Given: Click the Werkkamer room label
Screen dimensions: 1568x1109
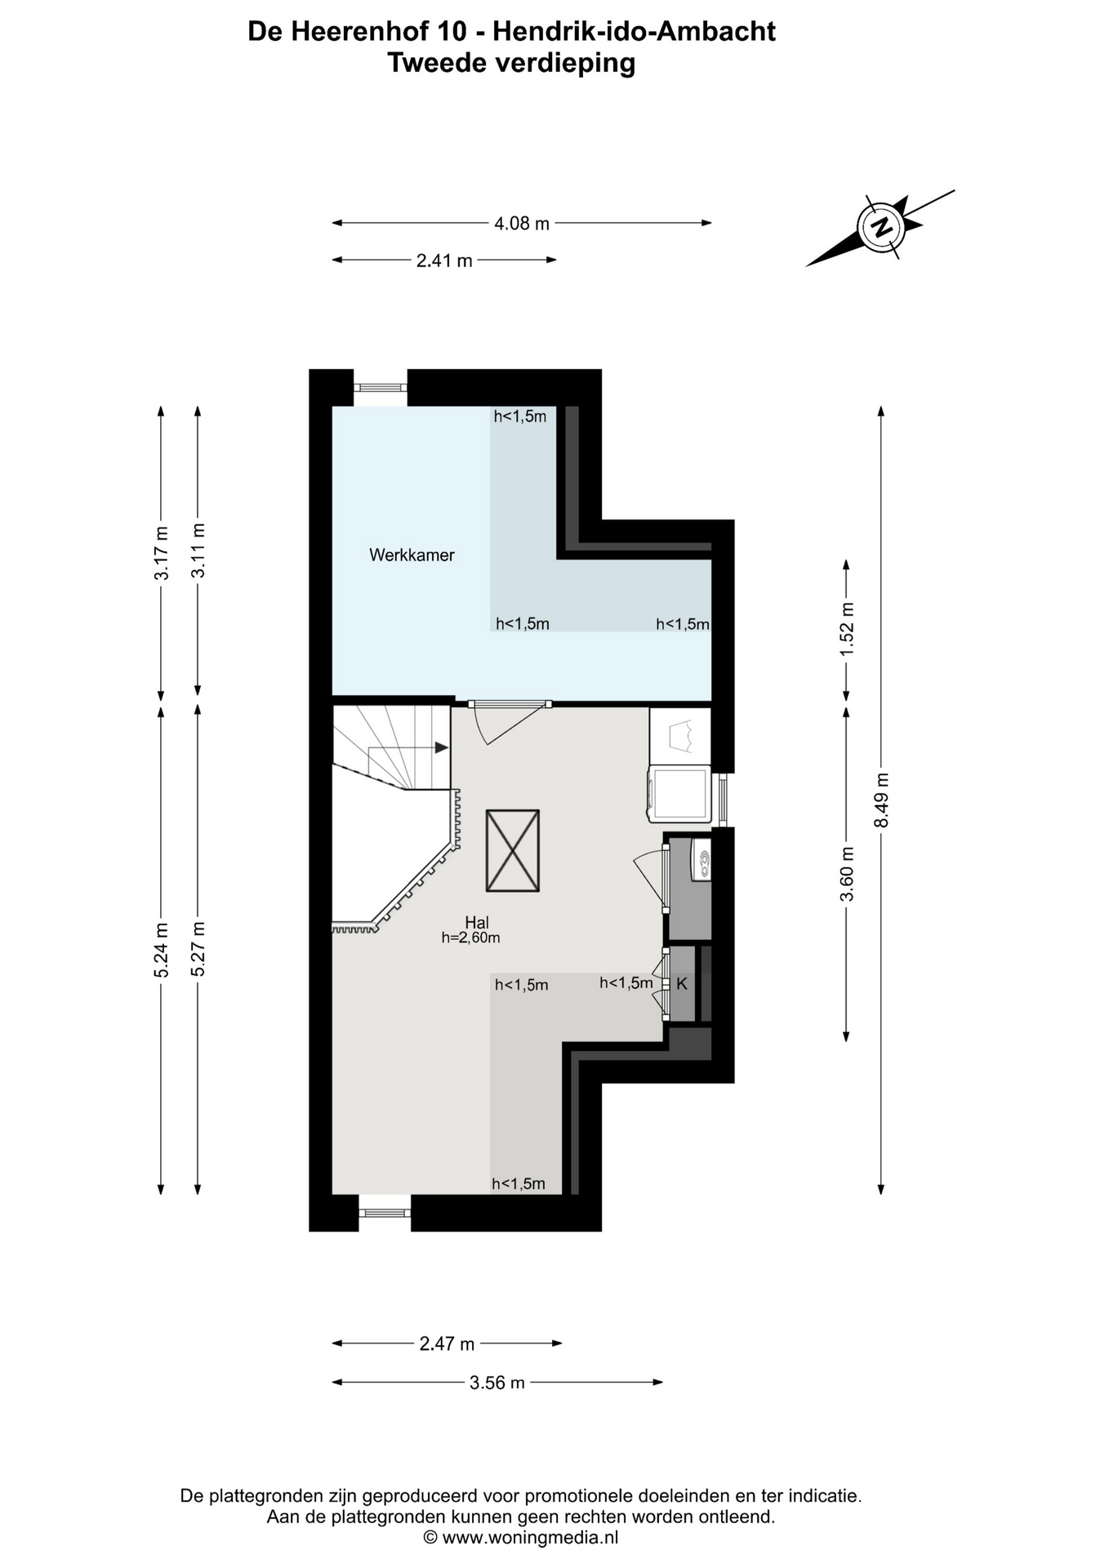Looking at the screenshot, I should coord(412,555).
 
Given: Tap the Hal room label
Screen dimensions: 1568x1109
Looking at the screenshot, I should coord(477,923).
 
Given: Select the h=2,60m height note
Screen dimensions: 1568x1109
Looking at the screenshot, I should coord(470,938).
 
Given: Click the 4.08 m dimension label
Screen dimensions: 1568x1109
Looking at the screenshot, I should coord(522,223).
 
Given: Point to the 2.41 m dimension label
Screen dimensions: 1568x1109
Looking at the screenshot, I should coord(444,261).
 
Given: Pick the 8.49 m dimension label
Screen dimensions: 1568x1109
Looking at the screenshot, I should coord(881,800).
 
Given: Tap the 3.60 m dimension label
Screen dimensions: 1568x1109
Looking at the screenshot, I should coord(847,874).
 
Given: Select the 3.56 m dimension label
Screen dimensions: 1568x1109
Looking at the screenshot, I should coord(497,1383).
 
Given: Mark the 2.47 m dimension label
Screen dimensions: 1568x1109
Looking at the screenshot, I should coord(447,1343).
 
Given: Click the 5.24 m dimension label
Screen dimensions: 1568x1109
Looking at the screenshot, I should coord(162,950).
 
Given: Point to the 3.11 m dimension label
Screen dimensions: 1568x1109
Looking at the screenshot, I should coord(198,550).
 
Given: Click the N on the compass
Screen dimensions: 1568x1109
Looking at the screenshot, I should coord(881,226).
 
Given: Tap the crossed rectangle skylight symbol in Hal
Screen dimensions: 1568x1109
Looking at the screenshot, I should coord(513,850).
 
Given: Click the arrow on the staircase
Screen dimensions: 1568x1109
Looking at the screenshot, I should coord(440,747).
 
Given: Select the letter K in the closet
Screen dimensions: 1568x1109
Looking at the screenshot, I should coord(682,984).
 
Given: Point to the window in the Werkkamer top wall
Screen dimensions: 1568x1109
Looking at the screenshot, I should coord(381,388).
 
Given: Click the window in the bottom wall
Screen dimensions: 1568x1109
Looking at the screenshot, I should coord(385,1213).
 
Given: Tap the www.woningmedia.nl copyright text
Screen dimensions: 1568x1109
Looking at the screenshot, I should coord(520,1538).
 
